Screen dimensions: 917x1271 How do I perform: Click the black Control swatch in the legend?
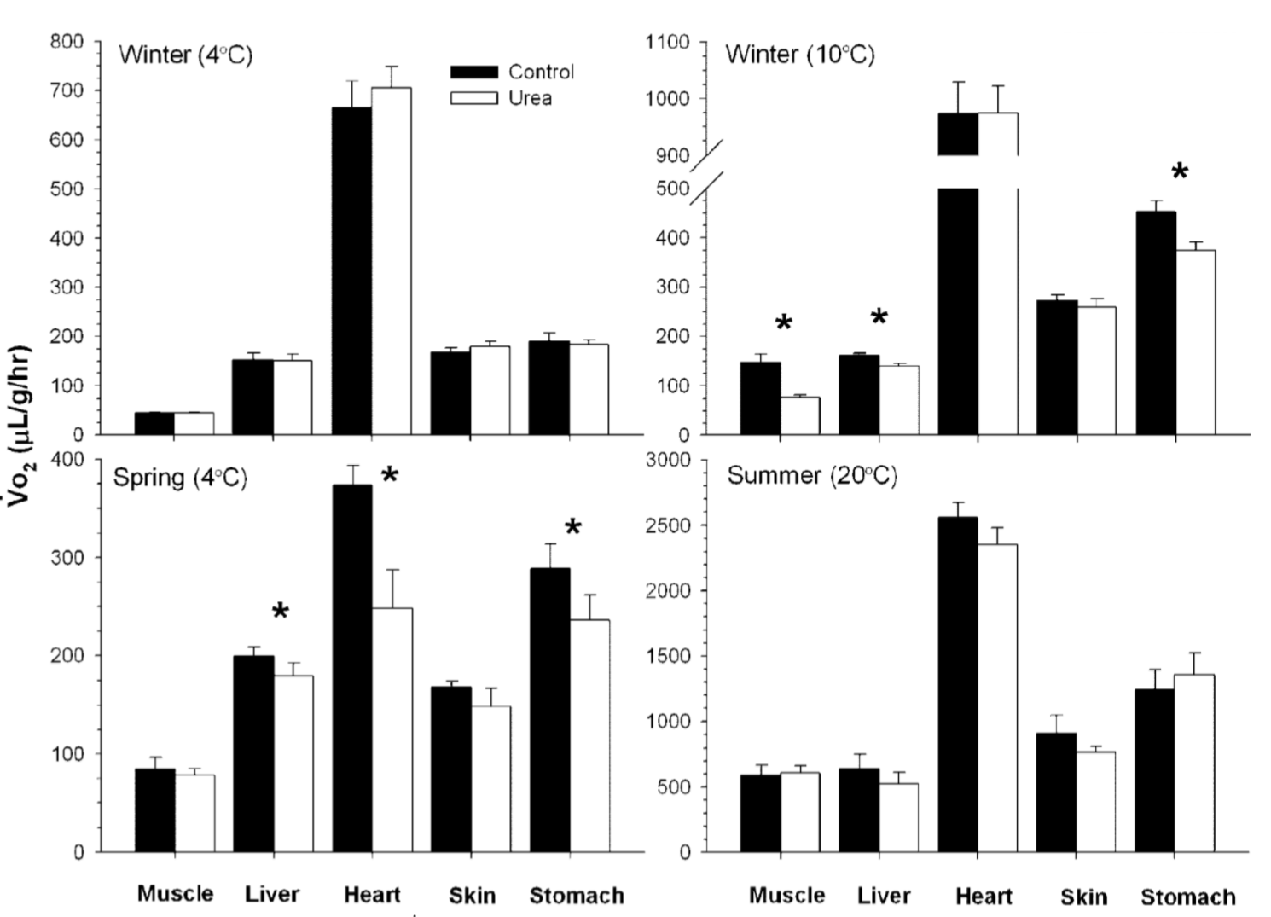click(x=473, y=73)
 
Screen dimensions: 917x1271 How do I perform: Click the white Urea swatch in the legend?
click(x=473, y=98)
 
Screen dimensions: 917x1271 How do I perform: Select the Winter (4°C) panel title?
click(x=186, y=55)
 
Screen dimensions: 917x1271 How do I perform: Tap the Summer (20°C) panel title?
click(x=811, y=475)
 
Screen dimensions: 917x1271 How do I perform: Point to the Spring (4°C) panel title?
click(x=180, y=477)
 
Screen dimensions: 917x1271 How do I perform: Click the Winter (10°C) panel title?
click(x=800, y=55)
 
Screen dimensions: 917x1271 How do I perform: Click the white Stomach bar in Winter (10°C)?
click(x=1195, y=342)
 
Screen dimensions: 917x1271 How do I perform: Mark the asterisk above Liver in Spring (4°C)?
click(x=280, y=612)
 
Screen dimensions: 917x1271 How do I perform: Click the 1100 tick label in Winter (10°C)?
click(x=669, y=43)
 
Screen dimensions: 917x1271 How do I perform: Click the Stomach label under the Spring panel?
click(x=577, y=896)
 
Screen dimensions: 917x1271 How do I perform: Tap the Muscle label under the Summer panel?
click(x=786, y=896)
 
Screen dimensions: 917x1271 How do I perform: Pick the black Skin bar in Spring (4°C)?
click(x=450, y=769)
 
